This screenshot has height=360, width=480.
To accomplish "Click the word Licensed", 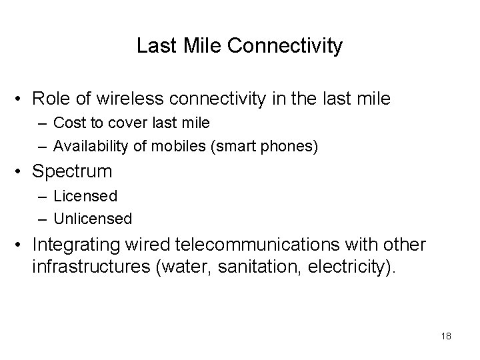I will (85, 196).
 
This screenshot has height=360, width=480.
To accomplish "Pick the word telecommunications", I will (275, 245).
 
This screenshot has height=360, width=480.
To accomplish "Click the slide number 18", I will (446, 336).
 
